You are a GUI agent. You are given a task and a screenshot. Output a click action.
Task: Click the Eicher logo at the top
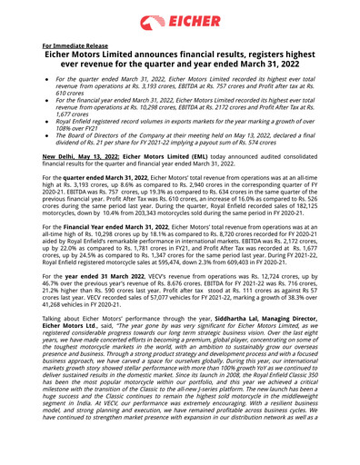tap(180, 23)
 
